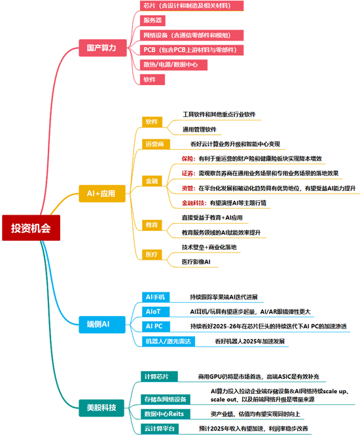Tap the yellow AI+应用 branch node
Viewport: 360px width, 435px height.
[x=101, y=194]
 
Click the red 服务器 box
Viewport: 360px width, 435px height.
[x=153, y=21]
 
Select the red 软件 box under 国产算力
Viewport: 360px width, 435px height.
[x=150, y=79]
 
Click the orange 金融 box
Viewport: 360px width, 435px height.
[x=151, y=181]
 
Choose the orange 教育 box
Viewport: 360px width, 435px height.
[x=152, y=224]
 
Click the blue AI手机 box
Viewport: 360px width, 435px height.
[x=156, y=297]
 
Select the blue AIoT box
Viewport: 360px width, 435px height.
[x=153, y=311]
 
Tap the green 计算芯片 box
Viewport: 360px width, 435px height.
[x=156, y=377]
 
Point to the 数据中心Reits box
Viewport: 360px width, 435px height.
[x=163, y=414]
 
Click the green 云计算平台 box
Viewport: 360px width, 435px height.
[x=160, y=428]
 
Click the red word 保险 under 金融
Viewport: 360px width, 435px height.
[x=188, y=158]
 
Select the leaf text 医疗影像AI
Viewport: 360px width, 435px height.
[x=196, y=262]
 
